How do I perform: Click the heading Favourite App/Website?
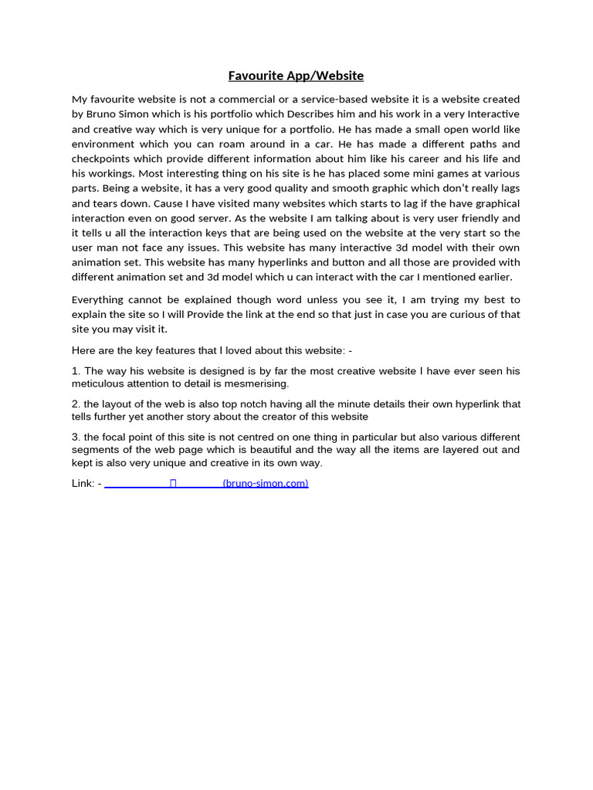pyautogui.click(x=296, y=76)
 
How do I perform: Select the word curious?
pyautogui.click(x=465, y=315)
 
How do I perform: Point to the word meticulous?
pyautogui.click(x=100, y=383)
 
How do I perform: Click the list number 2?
pyautogui.click(x=76, y=404)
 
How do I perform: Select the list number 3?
pyautogui.click(x=76, y=437)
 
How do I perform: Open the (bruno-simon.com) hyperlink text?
pyautogui.click(x=265, y=484)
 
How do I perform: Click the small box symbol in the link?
pyautogui.click(x=173, y=484)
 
